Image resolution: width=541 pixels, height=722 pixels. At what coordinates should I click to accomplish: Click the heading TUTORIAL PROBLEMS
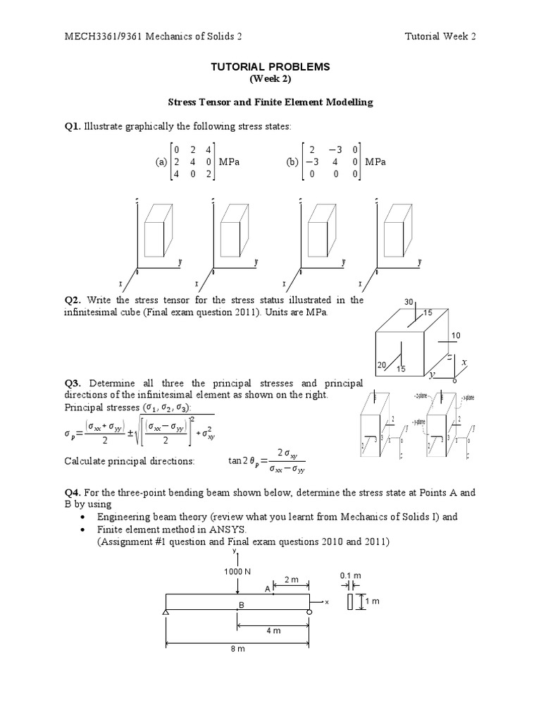[270, 66]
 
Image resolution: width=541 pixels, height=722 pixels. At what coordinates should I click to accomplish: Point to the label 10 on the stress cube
[455, 335]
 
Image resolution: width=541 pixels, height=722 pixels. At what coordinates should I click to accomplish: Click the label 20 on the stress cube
[382, 364]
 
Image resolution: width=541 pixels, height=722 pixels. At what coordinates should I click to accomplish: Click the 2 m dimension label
[291, 579]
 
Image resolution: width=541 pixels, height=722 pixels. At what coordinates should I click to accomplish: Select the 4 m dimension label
[273, 631]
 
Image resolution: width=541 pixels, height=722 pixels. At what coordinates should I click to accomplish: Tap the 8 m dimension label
[237, 649]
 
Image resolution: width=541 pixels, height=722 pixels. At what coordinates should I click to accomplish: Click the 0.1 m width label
[350, 575]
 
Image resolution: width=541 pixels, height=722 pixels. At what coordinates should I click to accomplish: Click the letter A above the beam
[268, 588]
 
